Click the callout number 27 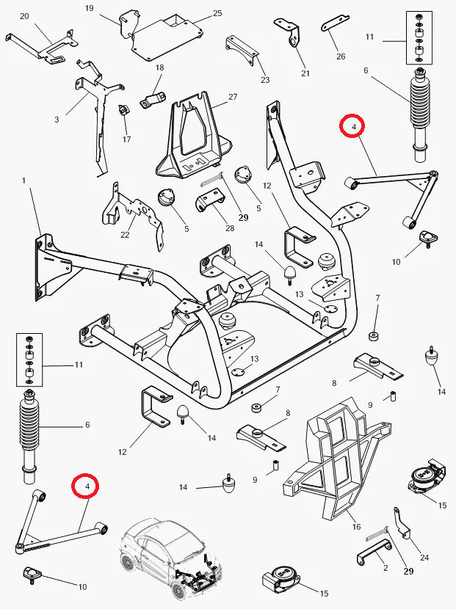coord(233,97)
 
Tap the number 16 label coord(356,527)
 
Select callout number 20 coord(24,16)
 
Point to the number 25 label coord(217,13)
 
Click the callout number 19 coord(89,8)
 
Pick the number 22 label coord(125,235)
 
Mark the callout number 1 coord(23,180)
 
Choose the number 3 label coord(57,120)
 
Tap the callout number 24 coord(424,558)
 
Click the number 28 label coord(230,228)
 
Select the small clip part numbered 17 coord(124,110)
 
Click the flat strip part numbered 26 coord(335,23)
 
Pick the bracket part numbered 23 coord(242,50)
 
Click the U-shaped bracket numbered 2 coord(374,552)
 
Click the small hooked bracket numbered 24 coord(401,524)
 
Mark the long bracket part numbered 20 coord(41,45)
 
